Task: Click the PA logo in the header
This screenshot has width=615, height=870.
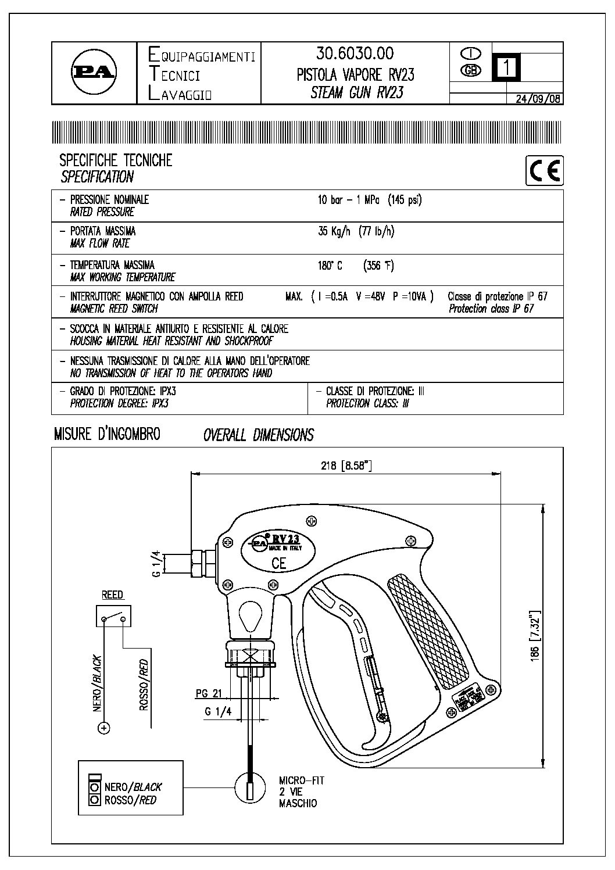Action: click(93, 73)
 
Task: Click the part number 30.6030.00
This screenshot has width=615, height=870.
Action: click(355, 54)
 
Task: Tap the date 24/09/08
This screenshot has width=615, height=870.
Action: click(538, 99)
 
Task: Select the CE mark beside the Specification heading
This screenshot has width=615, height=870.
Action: click(545, 171)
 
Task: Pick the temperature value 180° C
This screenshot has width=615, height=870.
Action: click(330, 266)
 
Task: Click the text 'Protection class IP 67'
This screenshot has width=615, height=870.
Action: click(491, 309)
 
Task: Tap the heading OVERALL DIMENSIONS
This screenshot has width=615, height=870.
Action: click(258, 435)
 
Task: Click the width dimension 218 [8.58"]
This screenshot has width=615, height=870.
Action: click(346, 466)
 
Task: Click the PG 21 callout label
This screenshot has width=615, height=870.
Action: click(208, 693)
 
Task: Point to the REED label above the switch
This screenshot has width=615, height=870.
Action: click(112, 595)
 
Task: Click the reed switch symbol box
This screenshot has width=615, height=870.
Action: click(113, 616)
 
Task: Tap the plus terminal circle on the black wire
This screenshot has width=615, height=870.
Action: click(103, 727)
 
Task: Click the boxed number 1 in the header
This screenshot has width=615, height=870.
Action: click(506, 67)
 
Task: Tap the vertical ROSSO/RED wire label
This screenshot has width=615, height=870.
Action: click(144, 685)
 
